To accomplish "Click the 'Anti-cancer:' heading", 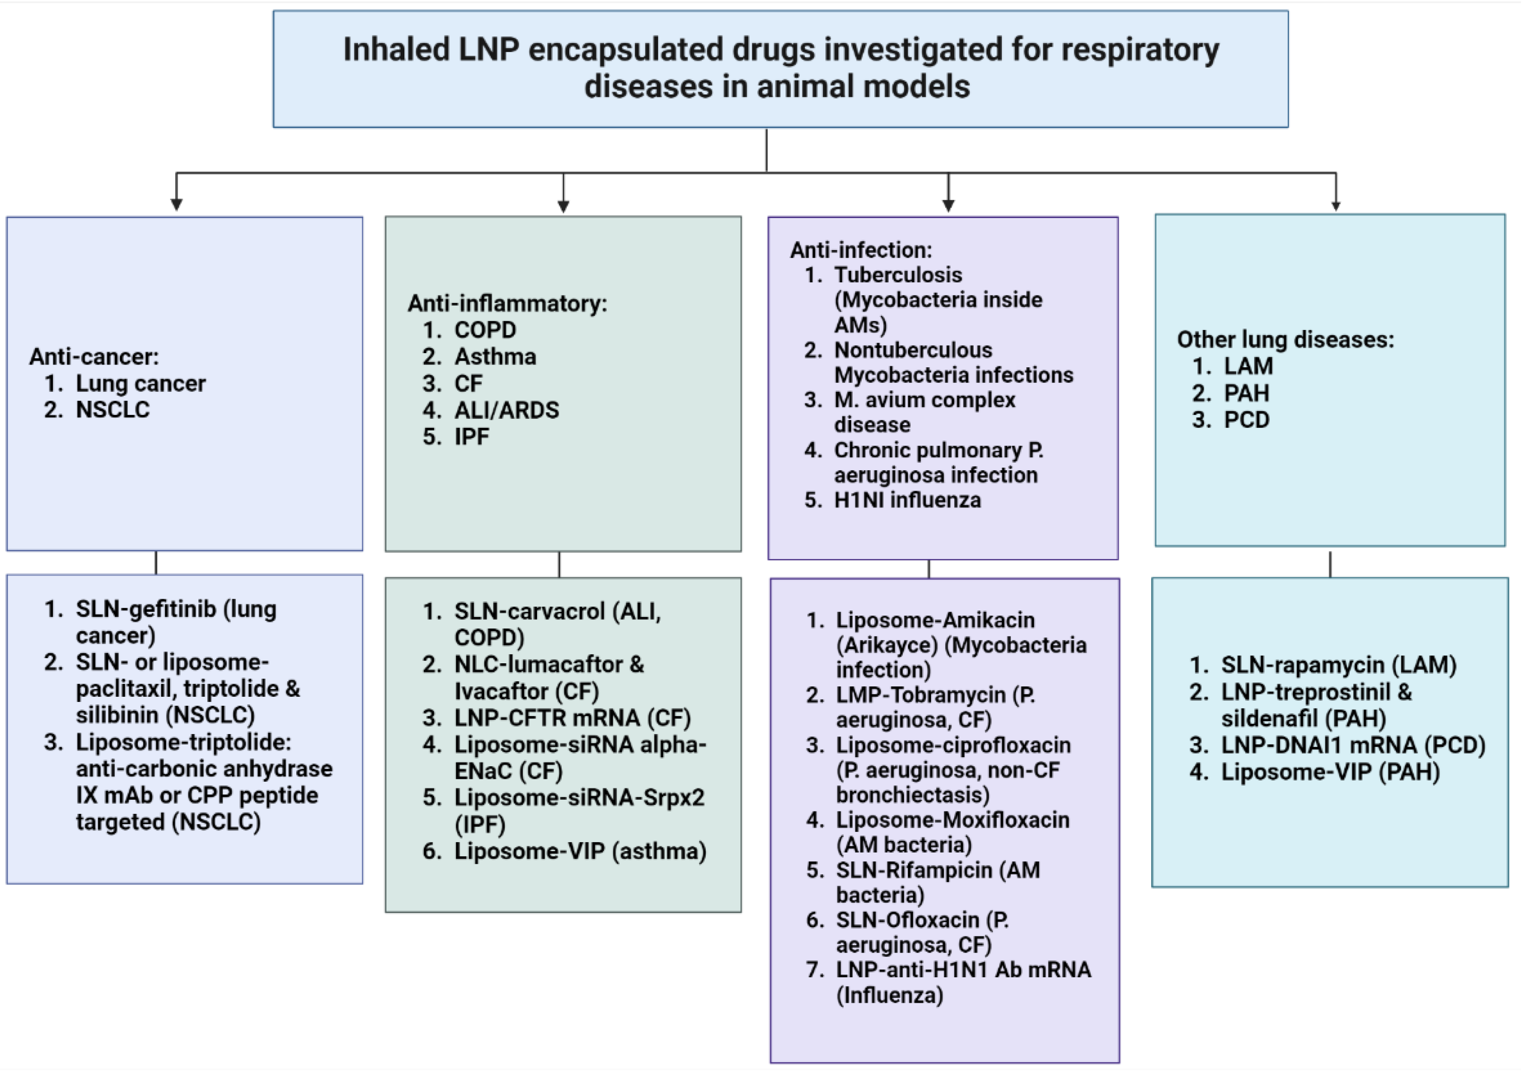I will [94, 356].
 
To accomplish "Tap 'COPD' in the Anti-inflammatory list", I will [485, 330].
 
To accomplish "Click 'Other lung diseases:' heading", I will [1285, 339].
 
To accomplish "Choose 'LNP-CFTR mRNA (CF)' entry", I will [572, 718].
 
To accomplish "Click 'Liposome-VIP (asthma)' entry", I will [580, 851].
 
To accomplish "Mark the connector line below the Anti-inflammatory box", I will [559, 565].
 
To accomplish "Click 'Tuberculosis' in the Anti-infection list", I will [898, 274].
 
